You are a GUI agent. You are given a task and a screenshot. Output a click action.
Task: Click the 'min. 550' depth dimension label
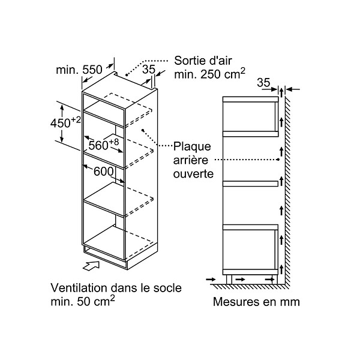(x=79, y=70)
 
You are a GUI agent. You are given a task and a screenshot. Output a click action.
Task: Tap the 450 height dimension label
(x=65, y=122)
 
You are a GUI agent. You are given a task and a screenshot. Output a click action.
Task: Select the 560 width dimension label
(x=104, y=145)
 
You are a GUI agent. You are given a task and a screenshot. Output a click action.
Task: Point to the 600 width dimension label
(x=104, y=171)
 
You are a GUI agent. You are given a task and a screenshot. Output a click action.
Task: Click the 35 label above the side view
(x=263, y=83)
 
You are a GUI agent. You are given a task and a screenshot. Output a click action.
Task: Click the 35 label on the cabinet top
(x=149, y=69)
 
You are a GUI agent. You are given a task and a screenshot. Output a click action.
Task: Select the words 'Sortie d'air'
(x=203, y=61)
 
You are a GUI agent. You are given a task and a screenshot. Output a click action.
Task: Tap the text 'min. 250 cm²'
(x=209, y=74)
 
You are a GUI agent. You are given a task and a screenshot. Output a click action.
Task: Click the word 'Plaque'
(x=192, y=147)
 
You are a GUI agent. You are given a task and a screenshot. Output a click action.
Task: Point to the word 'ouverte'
(x=193, y=174)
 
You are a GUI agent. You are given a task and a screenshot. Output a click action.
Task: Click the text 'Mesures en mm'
(x=256, y=302)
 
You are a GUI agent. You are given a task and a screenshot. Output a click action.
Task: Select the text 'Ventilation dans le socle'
(x=116, y=288)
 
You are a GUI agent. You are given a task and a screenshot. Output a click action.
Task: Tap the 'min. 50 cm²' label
(x=83, y=301)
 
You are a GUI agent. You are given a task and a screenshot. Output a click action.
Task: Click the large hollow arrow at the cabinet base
(x=91, y=266)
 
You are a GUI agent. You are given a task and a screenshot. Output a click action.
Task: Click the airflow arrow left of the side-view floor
(x=211, y=280)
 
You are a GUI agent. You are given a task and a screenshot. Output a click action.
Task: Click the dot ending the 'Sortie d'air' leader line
(x=126, y=75)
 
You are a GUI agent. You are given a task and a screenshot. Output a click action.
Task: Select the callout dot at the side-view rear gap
(x=278, y=160)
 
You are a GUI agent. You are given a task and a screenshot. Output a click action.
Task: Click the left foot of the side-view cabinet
(x=229, y=280)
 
